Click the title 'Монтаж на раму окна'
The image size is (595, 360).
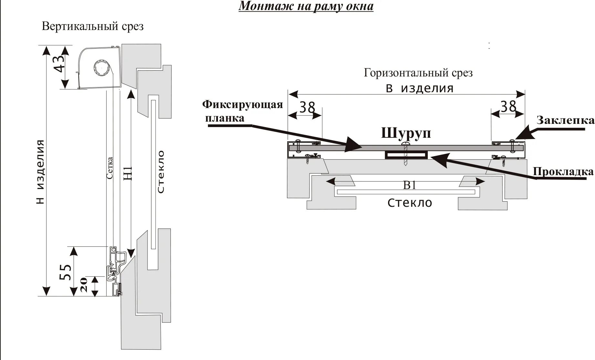point(306,6)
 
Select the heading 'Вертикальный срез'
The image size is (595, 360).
point(93,26)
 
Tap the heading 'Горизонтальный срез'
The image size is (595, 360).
point(418,73)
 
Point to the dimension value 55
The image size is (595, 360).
point(66,272)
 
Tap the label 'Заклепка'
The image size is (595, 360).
point(565,120)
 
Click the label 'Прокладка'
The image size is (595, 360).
point(563,172)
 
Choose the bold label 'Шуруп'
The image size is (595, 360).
point(406,133)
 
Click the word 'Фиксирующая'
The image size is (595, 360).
point(242,105)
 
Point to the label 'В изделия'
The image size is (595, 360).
point(420,88)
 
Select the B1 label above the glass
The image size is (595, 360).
point(410,185)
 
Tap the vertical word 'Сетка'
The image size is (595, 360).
point(110,168)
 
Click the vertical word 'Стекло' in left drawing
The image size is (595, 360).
point(160,171)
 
